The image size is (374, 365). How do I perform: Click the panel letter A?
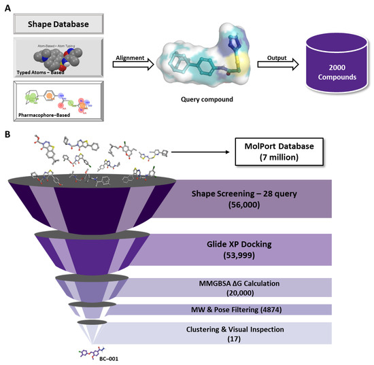point(6,6)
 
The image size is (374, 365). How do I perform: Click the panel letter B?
point(6,135)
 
